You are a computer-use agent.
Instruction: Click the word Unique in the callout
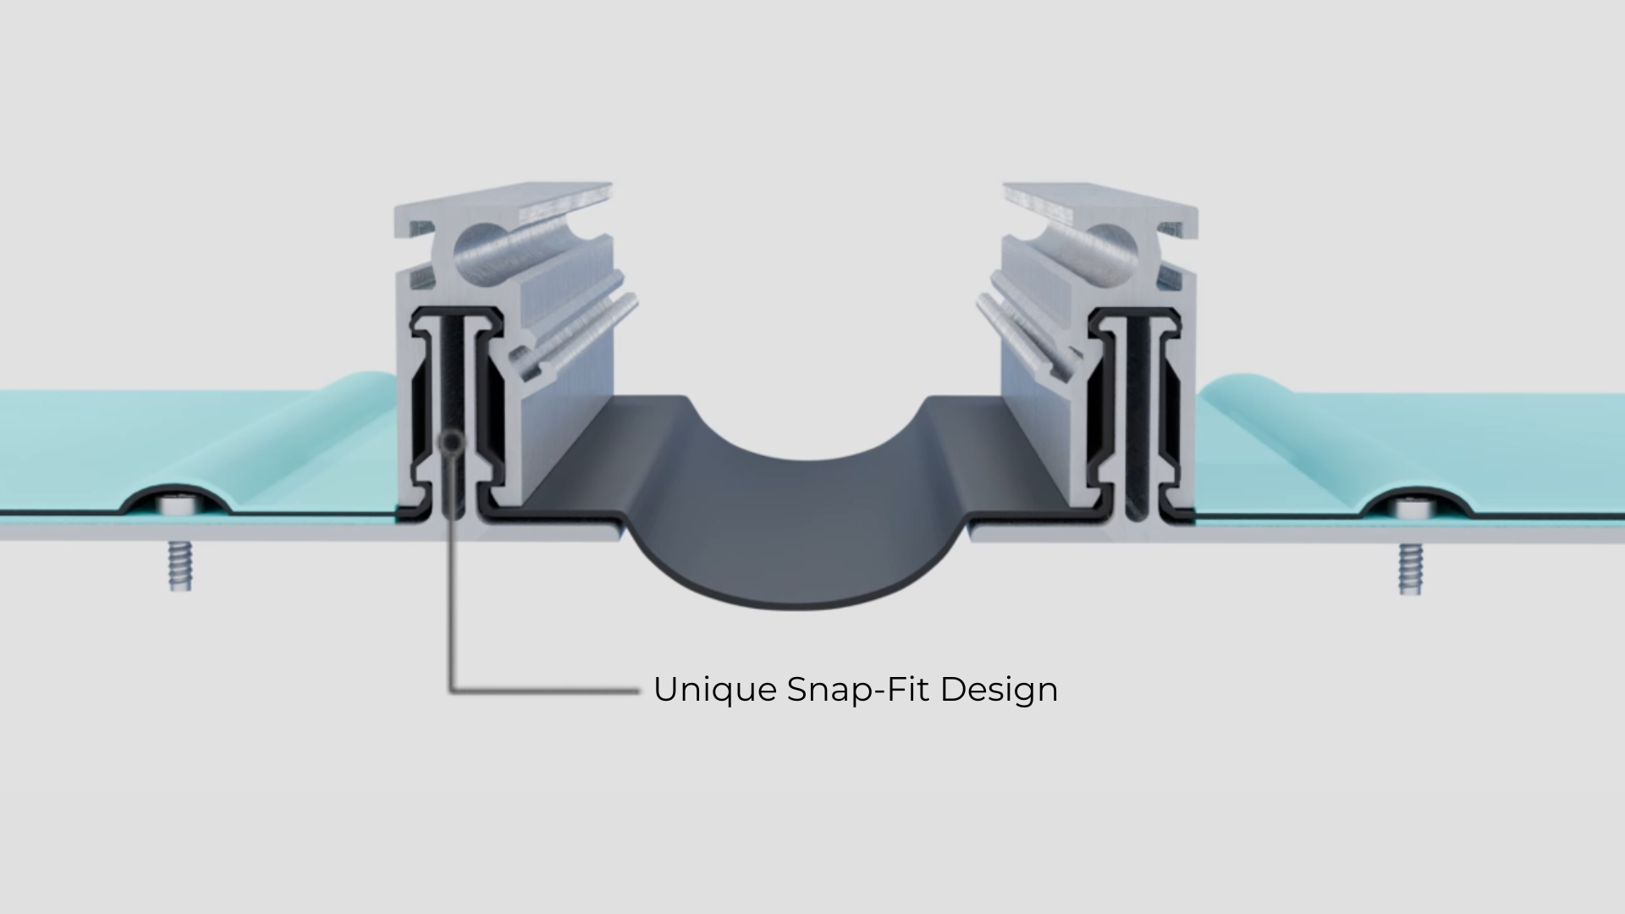point(715,691)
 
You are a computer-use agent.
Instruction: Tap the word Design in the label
point(999,691)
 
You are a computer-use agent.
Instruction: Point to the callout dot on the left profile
point(454,442)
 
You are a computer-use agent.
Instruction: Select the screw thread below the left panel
point(181,564)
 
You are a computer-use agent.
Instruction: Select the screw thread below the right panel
point(1409,567)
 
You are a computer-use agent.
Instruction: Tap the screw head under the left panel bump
point(178,505)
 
